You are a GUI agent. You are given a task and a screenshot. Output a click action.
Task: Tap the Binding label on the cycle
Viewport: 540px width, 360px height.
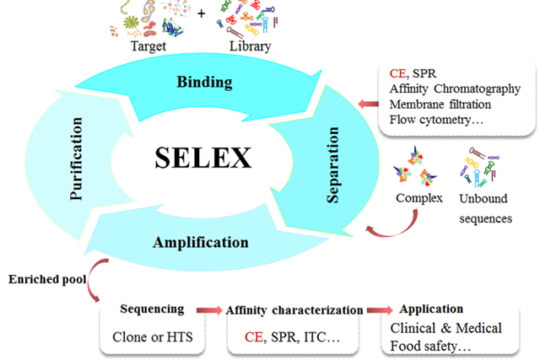pyautogui.click(x=205, y=82)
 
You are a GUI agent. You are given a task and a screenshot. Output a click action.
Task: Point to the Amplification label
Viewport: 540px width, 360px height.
pyautogui.click(x=201, y=243)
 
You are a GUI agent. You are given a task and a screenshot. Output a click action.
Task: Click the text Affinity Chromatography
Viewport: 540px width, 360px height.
pyautogui.click(x=455, y=89)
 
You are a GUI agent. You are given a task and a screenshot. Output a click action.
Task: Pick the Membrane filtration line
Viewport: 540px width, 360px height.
pyautogui.click(x=440, y=104)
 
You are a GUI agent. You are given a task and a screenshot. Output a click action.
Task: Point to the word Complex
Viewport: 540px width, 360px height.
pyautogui.click(x=419, y=199)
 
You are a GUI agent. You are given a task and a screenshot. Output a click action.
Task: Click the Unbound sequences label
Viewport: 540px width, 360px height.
pyautogui.click(x=484, y=209)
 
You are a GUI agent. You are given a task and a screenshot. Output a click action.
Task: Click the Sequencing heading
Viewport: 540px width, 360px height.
pyautogui.click(x=152, y=309)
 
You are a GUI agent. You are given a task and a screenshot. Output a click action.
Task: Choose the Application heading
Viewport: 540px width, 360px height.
pyautogui.click(x=430, y=309)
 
